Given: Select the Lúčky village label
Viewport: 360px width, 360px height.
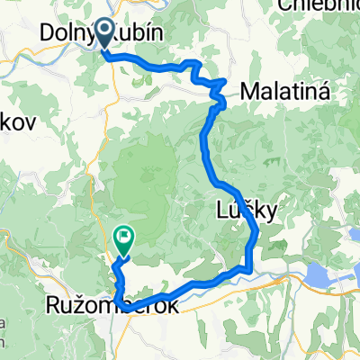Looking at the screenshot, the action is tap(244, 208).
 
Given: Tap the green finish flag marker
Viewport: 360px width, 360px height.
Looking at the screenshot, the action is tap(123, 239).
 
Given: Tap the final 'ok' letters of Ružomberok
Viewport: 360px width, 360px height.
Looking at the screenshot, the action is tap(167, 307).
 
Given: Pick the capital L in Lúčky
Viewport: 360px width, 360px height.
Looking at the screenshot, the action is tap(223, 208).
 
